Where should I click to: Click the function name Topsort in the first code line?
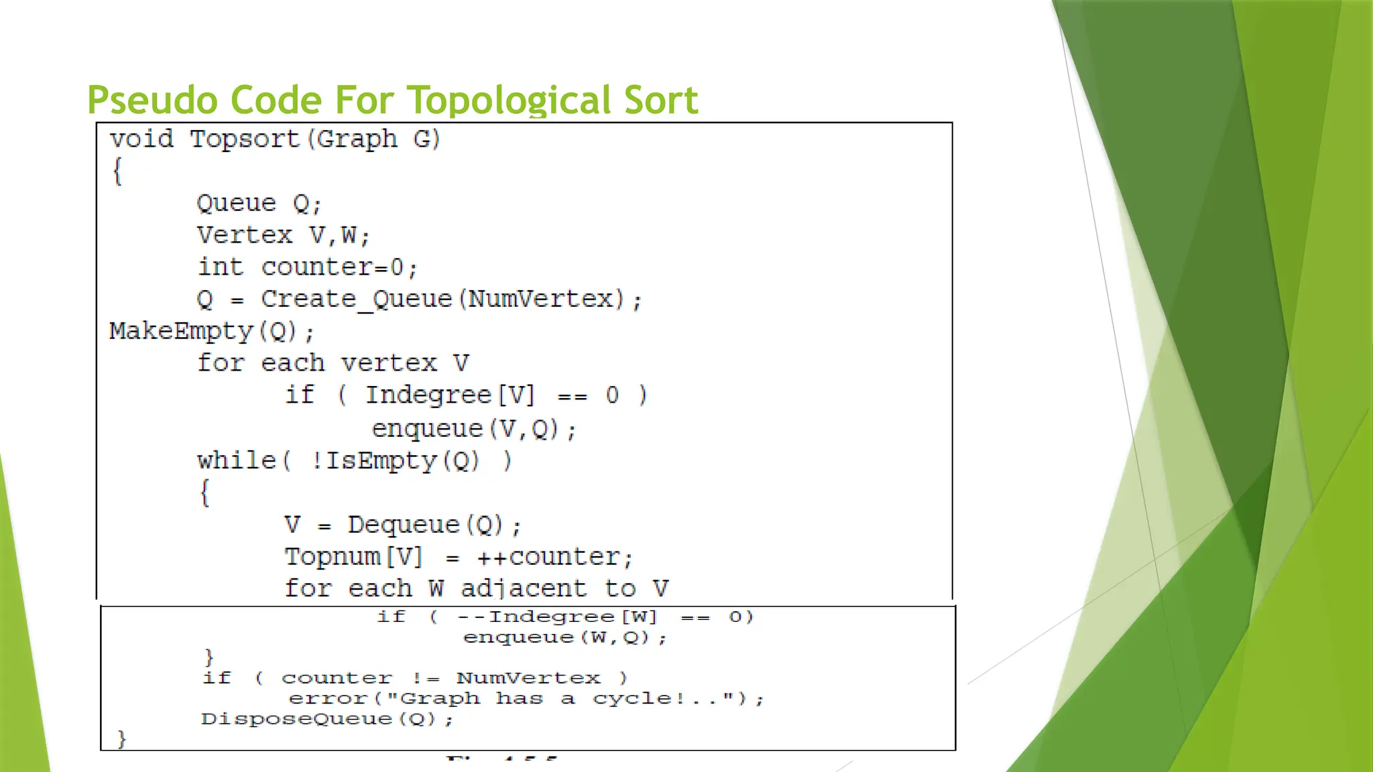[245, 139]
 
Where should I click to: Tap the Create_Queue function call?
[357, 299]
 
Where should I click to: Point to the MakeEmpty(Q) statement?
[211, 331]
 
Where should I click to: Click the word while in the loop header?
[237, 460]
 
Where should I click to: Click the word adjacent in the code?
[523, 588]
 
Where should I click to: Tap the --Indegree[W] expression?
[557, 617]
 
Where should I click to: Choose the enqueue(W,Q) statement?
[564, 637]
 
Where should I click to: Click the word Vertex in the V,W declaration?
[245, 235]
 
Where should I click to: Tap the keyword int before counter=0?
[220, 267]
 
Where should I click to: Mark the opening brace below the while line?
[205, 493]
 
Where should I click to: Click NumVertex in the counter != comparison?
[528, 678]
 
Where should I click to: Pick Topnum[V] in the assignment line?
[353, 557]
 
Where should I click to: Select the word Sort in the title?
[661, 101]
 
